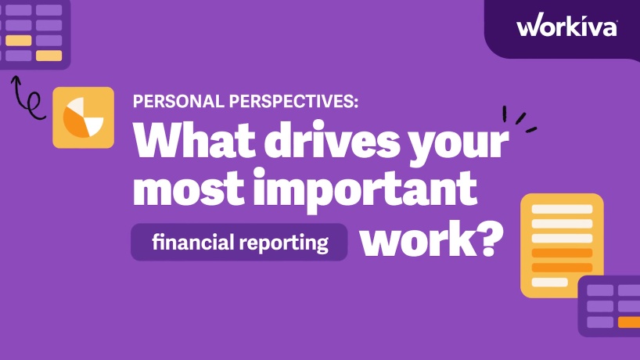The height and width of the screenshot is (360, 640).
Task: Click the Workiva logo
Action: (566, 27)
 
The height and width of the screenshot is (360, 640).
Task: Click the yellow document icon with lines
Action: (562, 245)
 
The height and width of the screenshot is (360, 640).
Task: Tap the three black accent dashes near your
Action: (519, 120)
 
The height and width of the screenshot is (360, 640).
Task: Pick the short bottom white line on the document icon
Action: (549, 282)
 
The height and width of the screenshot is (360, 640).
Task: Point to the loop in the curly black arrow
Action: (34, 101)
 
